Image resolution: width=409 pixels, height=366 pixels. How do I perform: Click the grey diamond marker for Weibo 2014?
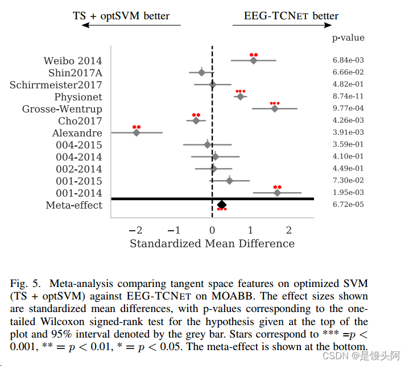253,60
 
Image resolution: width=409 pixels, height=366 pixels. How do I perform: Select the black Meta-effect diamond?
221,205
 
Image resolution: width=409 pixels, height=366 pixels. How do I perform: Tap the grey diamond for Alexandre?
136,132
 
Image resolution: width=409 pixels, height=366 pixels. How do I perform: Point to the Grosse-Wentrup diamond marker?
274,109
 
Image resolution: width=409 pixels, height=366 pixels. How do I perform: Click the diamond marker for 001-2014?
277,193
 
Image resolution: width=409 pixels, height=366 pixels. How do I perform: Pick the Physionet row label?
79,97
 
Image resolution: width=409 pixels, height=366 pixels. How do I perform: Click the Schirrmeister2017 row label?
56,85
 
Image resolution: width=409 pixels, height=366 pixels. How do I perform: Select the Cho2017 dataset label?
80,121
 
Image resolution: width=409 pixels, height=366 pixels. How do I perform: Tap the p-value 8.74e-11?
348,96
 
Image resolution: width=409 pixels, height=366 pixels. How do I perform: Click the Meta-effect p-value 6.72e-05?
348,204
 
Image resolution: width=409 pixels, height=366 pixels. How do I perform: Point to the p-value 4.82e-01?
348,84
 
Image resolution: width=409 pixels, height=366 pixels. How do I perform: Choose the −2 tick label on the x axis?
135,230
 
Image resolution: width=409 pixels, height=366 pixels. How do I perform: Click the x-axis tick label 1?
250,230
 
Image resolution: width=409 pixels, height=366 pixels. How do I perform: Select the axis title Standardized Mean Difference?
212,243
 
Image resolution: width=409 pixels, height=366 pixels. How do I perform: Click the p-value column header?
348,38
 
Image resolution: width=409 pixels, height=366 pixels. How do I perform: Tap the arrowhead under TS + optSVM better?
85,25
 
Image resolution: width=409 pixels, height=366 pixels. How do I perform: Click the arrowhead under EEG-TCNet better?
328,25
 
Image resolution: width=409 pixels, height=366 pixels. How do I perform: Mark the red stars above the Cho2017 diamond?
196,115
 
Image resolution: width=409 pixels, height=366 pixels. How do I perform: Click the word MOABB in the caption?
232,296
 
